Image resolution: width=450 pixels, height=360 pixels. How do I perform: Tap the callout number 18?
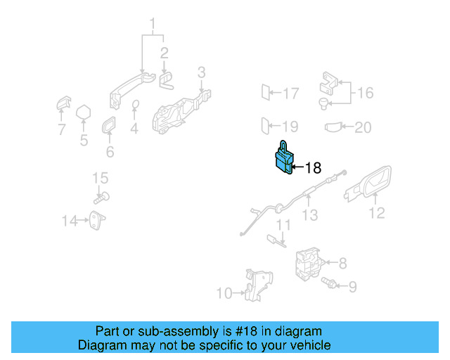[x=313, y=167]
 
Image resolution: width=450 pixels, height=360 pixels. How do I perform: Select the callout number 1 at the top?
[x=152, y=27]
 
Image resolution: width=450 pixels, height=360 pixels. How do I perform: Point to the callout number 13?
[x=310, y=215]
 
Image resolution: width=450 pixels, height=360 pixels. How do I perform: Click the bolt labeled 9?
[x=328, y=284]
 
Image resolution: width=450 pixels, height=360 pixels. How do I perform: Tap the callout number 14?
[x=68, y=221]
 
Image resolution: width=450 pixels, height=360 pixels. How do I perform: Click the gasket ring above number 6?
[x=110, y=126]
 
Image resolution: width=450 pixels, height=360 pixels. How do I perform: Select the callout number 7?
[x=61, y=129]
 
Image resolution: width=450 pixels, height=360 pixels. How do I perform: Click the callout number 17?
[x=290, y=92]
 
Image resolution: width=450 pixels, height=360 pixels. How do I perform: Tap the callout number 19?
[x=290, y=127]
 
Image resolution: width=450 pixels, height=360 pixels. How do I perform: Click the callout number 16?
[x=365, y=92]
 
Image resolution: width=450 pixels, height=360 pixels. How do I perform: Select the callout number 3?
[x=201, y=72]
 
